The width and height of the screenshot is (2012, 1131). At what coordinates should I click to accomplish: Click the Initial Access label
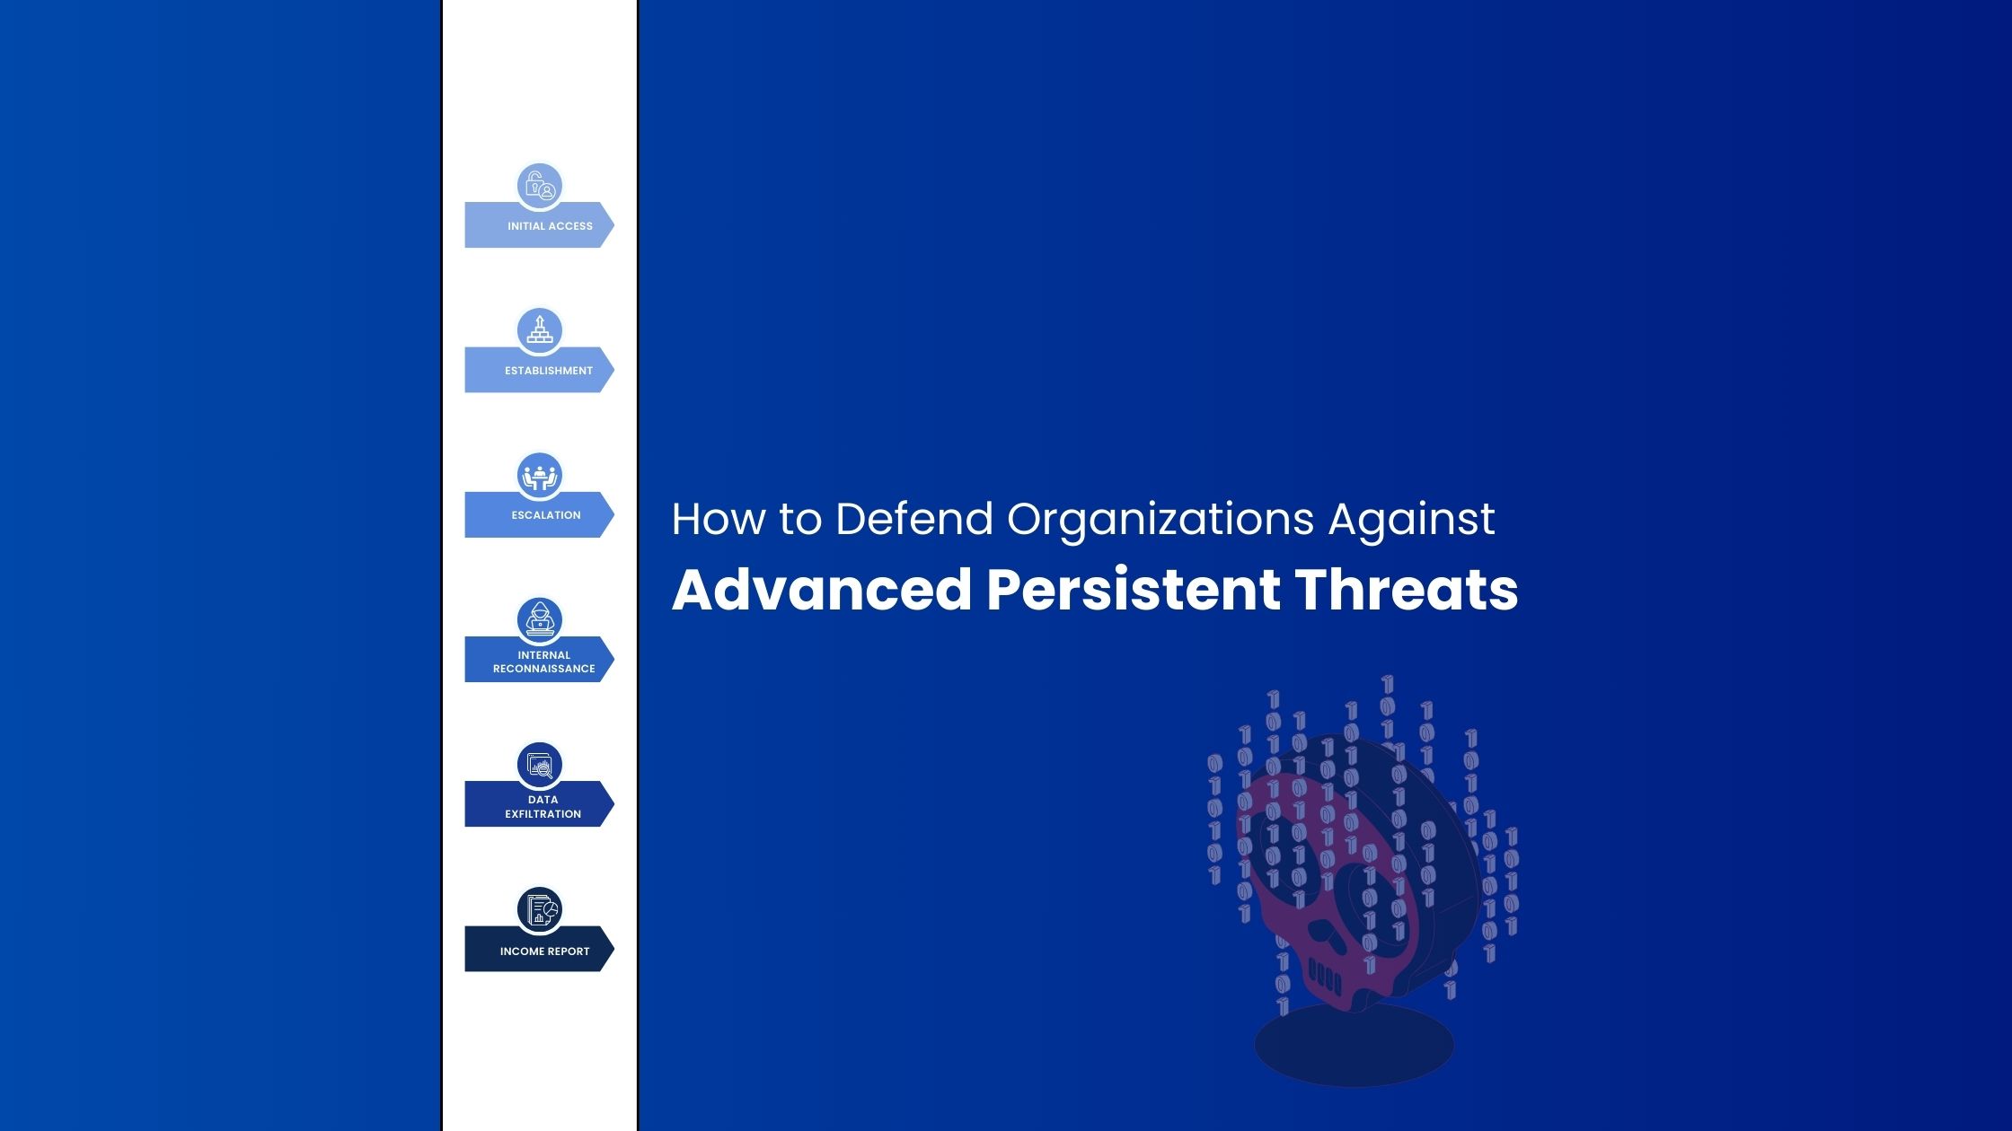[550, 226]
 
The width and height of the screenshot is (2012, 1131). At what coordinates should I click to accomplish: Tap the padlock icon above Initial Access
[540, 186]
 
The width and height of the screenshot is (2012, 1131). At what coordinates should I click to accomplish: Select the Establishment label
[548, 371]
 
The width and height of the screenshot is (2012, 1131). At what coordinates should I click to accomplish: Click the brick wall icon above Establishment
[540, 330]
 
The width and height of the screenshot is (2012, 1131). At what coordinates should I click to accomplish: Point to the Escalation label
[546, 515]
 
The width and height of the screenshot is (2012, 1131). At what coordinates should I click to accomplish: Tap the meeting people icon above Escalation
[540, 476]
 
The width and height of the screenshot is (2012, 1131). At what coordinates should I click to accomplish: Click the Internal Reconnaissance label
[543, 662]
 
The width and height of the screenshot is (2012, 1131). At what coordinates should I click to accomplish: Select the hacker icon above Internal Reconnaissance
[540, 620]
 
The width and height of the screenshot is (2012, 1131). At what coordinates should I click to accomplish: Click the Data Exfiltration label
[543, 806]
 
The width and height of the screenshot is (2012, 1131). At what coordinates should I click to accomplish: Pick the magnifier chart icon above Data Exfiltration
[540, 766]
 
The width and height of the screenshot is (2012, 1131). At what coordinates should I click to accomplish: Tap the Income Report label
[544, 951]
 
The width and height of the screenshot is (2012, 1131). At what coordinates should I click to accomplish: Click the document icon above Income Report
[540, 910]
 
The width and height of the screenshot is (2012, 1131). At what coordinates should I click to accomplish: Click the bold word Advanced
[822, 590]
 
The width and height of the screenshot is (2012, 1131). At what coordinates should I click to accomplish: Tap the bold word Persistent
[1133, 590]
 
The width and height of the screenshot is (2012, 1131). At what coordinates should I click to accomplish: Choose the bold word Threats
[1407, 590]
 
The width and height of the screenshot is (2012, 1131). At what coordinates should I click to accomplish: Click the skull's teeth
[1325, 975]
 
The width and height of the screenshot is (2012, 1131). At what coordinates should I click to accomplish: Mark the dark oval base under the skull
[1354, 1046]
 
